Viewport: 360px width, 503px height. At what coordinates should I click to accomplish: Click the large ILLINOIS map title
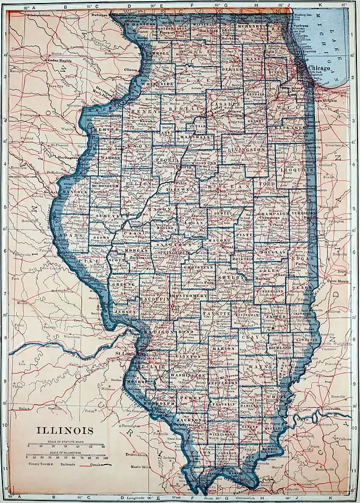click(x=65, y=430)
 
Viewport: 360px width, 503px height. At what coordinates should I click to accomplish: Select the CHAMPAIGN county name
click(x=273, y=214)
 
